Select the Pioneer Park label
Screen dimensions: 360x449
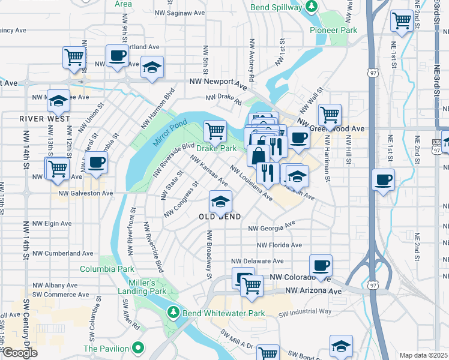[x=333, y=30]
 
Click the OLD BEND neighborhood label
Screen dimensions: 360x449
[x=220, y=217]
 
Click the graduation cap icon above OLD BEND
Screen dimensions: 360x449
[x=220, y=201]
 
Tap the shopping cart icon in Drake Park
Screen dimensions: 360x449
[x=215, y=130]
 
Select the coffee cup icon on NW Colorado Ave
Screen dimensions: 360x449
[x=321, y=265]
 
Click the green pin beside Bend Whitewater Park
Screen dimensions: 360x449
[x=173, y=313]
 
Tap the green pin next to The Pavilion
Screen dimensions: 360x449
[x=139, y=348]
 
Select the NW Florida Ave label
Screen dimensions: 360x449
[x=279, y=245]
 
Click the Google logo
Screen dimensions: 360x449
[x=19, y=353]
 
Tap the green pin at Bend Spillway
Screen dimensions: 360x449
[x=311, y=7]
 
